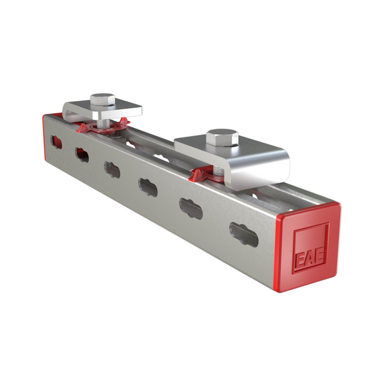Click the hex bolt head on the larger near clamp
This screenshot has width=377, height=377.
222,137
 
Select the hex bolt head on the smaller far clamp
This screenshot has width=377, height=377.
103,99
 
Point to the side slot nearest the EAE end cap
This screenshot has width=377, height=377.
244,234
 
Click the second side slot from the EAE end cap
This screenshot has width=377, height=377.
191,208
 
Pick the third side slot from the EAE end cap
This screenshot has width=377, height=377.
148,187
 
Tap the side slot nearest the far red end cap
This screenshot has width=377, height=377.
56,142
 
